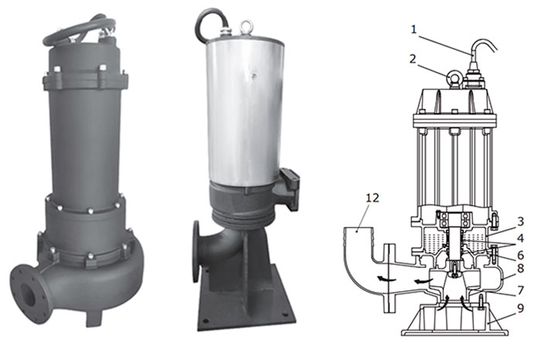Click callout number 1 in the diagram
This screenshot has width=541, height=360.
414,29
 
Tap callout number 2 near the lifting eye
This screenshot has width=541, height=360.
413,59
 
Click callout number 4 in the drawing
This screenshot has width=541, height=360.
520,238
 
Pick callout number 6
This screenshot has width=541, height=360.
520,255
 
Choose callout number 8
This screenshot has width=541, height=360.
520,268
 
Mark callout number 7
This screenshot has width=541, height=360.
520,290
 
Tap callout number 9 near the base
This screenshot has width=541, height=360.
520,308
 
